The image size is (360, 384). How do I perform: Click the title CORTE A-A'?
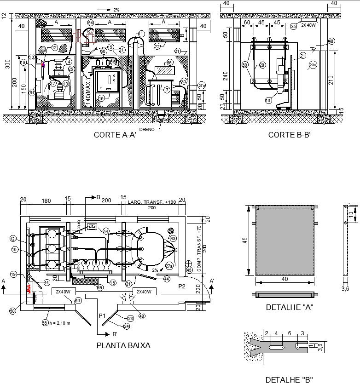coord(115,135)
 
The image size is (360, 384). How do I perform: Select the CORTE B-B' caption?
coord(290,135)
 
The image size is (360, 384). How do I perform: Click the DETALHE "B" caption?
coord(289,379)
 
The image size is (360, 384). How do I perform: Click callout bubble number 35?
coord(293,26)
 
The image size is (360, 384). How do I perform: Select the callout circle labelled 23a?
coord(313,65)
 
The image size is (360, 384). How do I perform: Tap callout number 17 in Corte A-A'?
coord(167,90)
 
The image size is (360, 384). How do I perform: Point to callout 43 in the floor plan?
coord(173,238)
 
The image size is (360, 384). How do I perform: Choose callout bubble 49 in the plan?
coord(100,288)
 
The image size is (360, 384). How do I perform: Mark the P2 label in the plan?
coord(182,286)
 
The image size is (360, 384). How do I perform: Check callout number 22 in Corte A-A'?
coord(157,46)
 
